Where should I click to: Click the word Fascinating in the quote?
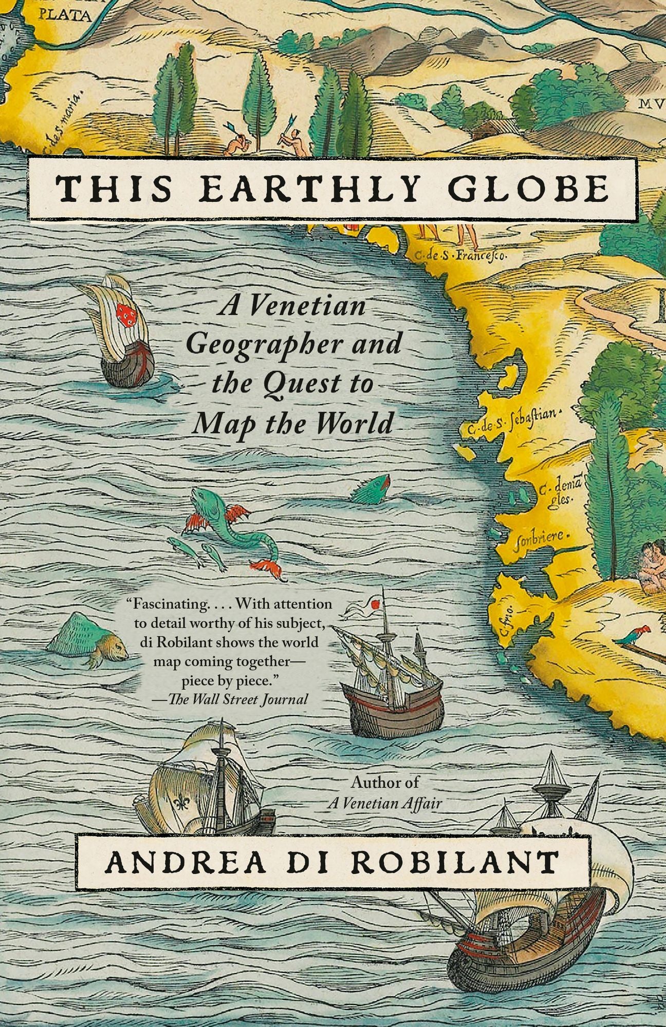click(x=168, y=604)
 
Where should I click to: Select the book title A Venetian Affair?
click(x=384, y=803)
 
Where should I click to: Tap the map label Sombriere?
click(x=540, y=536)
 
